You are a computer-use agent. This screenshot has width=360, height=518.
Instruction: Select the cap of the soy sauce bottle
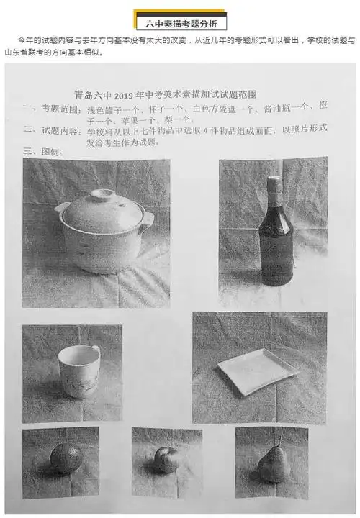(273, 183)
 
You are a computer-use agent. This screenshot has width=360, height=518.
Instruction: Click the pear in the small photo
(273, 465)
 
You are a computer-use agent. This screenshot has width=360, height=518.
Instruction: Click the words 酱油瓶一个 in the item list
(286, 107)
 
